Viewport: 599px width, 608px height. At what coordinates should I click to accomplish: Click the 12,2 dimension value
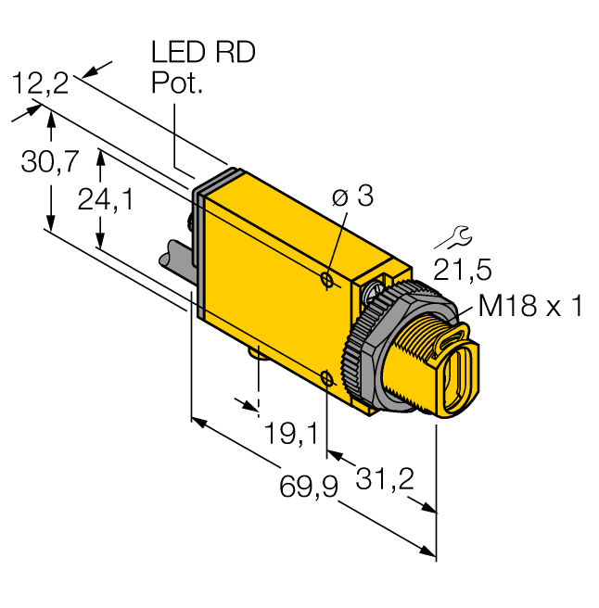41,85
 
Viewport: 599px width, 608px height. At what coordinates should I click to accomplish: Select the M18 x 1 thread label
530,306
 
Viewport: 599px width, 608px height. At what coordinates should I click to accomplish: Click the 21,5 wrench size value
463,271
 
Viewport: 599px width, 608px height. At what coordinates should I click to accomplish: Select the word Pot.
176,84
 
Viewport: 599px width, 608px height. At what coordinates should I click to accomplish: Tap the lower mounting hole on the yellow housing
326,376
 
